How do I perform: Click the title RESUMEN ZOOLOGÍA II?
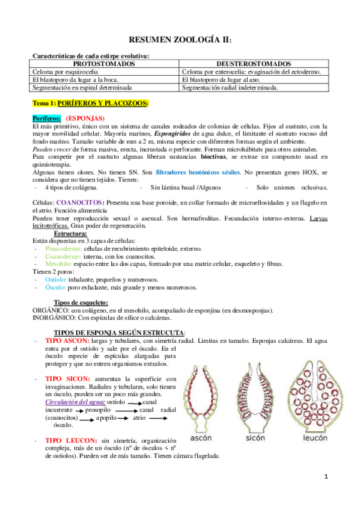[x=180, y=39]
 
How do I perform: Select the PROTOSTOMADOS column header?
[x=106, y=63]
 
